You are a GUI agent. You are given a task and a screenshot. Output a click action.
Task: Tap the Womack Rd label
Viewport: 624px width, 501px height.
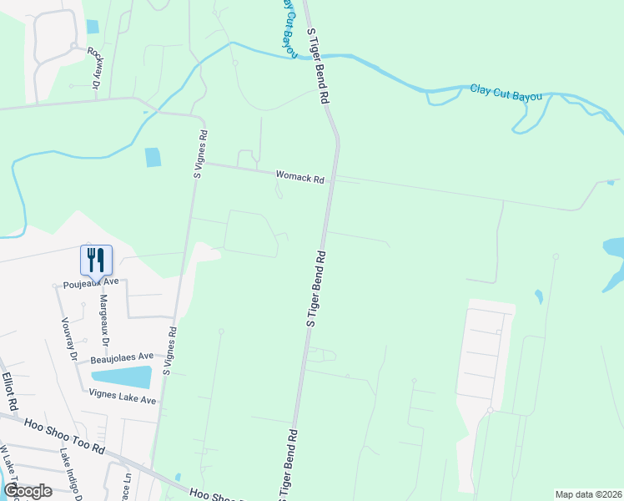coord(300,176)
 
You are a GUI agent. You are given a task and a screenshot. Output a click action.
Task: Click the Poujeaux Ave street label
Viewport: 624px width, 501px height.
coord(92,283)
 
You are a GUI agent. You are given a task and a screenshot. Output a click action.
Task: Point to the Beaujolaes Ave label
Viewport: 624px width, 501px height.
coord(123,357)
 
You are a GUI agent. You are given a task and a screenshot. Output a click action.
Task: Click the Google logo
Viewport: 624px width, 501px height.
coord(28,490)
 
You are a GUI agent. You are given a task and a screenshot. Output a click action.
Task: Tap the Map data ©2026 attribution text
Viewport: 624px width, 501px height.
coord(587,494)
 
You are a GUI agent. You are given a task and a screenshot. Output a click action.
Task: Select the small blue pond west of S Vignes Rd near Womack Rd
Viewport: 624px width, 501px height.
coord(153,157)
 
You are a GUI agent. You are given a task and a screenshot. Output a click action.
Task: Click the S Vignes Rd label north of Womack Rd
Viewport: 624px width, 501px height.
coord(200,154)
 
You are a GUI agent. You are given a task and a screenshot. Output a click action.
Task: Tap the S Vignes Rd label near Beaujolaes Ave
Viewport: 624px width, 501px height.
coord(170,351)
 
